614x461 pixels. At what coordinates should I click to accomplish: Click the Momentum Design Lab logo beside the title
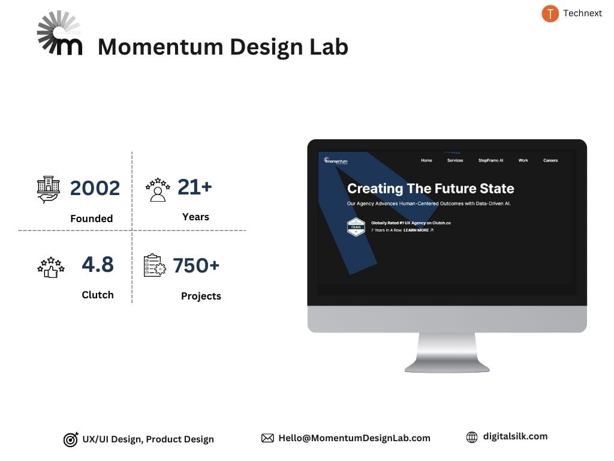pyautogui.click(x=59, y=34)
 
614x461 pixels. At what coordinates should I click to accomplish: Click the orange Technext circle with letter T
pyautogui.click(x=550, y=13)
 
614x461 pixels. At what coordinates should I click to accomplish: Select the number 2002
pyautogui.click(x=95, y=188)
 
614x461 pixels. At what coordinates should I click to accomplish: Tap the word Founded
pyautogui.click(x=91, y=218)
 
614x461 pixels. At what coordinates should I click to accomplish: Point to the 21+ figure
pyautogui.click(x=195, y=187)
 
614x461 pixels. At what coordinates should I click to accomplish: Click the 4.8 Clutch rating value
pyautogui.click(x=98, y=264)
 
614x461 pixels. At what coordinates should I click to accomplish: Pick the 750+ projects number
pyautogui.click(x=196, y=265)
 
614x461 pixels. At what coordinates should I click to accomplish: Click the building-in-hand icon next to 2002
pyautogui.click(x=49, y=189)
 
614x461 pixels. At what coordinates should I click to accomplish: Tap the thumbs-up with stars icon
pyautogui.click(x=50, y=267)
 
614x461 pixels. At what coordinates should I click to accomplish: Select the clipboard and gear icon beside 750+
pyautogui.click(x=155, y=266)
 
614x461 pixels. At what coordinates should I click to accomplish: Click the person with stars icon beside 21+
pyautogui.click(x=158, y=189)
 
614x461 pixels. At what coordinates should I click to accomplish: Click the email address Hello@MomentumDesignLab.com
pyautogui.click(x=354, y=438)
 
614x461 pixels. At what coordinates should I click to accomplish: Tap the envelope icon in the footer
pyautogui.click(x=267, y=438)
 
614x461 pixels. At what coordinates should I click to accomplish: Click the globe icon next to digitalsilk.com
pyautogui.click(x=472, y=438)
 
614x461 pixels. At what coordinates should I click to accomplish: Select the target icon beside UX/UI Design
pyautogui.click(x=71, y=440)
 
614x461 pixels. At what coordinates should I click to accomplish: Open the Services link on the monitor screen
pyautogui.click(x=455, y=160)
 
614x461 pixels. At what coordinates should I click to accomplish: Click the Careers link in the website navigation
pyautogui.click(x=550, y=160)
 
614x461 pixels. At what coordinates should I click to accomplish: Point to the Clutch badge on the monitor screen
pyautogui.click(x=356, y=227)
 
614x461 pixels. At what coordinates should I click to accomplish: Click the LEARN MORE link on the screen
pyautogui.click(x=418, y=230)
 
